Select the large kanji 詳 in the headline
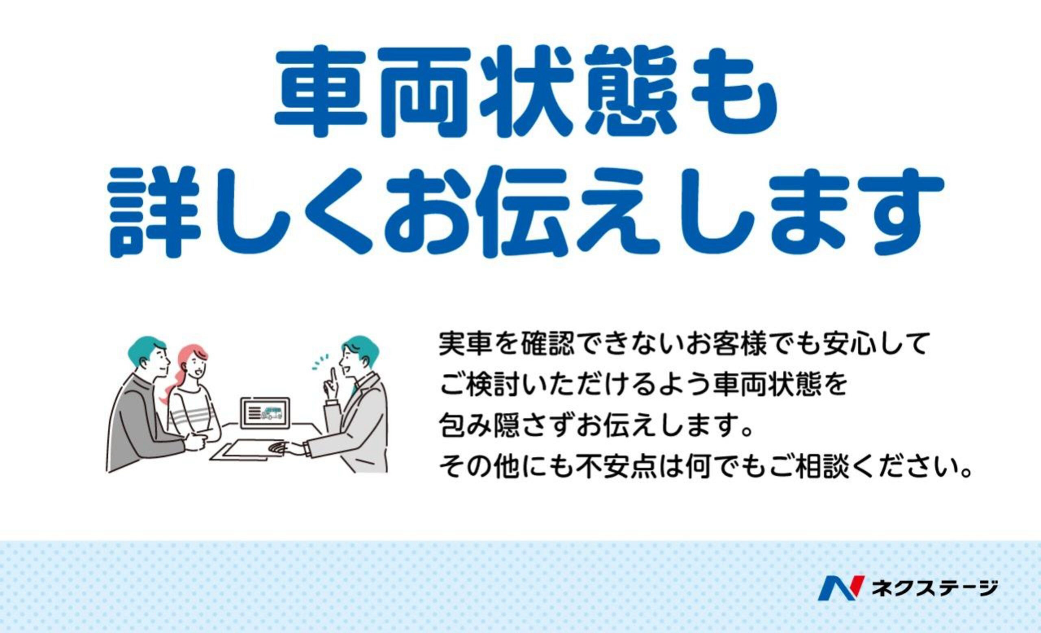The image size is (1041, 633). [x=155, y=211]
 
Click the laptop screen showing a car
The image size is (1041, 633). [x=265, y=413]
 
